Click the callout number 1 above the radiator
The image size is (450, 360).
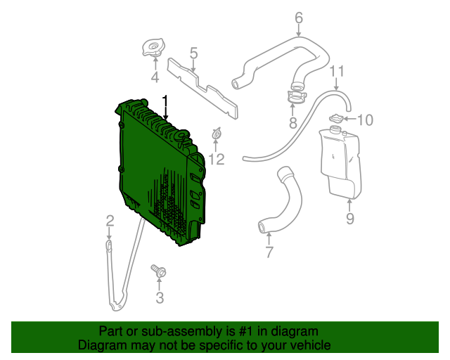166,101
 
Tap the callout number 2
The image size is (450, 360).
110,222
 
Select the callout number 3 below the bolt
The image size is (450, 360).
160,297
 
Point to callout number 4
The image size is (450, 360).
155,77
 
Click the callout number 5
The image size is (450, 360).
193,53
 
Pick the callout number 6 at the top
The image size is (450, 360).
299,18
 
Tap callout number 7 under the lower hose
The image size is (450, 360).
269,252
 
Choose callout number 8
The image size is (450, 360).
293,124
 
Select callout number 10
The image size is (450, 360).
364,120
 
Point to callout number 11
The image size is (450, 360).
337,71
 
